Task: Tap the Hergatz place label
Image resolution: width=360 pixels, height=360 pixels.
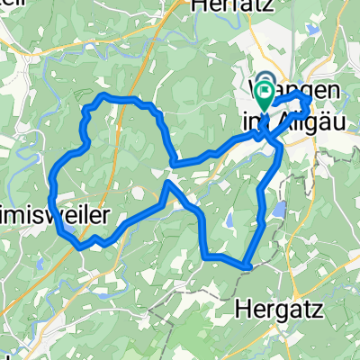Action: click(272, 309)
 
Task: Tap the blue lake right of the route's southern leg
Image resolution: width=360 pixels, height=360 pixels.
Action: click(279, 211)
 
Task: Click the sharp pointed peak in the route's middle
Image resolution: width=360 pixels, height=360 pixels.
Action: click(168, 183)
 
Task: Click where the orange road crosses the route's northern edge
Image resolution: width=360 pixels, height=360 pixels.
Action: click(115, 96)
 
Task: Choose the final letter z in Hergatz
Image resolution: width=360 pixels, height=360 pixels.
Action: click(303, 309)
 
